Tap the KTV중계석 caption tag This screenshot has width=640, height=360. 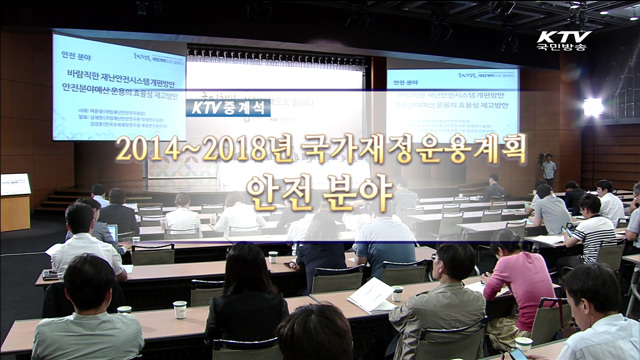point(227,106)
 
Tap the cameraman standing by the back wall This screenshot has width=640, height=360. point(548,169)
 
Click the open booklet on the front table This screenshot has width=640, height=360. point(372,294)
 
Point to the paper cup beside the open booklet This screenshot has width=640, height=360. point(397,294)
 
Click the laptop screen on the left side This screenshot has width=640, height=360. point(113,232)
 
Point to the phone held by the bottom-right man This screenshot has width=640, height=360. point(519,352)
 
